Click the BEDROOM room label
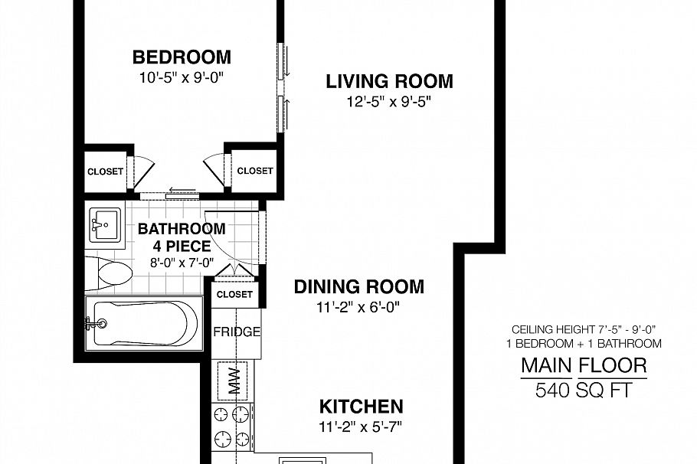(182, 57)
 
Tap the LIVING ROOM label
(389, 81)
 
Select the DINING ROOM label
(358, 287)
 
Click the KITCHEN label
(361, 406)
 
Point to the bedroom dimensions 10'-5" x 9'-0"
(182, 77)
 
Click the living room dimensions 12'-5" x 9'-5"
(389, 101)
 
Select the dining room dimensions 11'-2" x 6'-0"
(358, 307)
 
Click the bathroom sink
(105, 224)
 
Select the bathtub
(142, 322)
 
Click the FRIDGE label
(237, 332)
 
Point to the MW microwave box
(234, 378)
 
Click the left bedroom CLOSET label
(105, 172)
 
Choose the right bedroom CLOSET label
(254, 171)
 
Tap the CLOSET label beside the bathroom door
(234, 294)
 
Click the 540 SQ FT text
(584, 391)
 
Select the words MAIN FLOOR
(584, 365)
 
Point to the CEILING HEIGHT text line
(584, 328)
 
